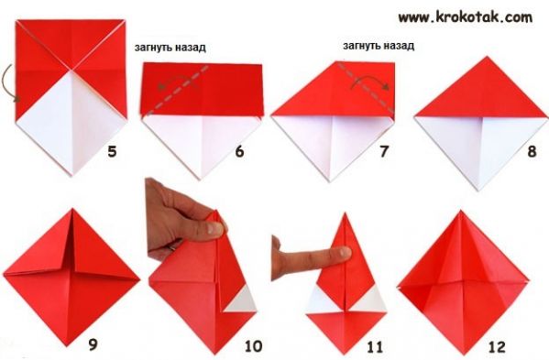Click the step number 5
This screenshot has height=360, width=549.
[x=112, y=152]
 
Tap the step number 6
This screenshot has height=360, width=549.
[x=239, y=151]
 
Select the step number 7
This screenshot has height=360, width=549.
[x=384, y=151]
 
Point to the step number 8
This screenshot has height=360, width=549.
[x=532, y=151]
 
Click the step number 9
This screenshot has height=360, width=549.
[x=93, y=345]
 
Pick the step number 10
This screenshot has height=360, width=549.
[x=253, y=346]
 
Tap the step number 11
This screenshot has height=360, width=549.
[x=375, y=347]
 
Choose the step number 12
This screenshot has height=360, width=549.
[x=497, y=347]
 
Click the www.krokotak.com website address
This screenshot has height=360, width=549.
[x=466, y=17]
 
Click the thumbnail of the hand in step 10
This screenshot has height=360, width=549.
[x=214, y=228]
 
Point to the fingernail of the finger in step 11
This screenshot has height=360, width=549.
[x=345, y=252]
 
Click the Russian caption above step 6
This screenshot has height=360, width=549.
[x=170, y=48]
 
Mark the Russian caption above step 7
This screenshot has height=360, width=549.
[x=379, y=46]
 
